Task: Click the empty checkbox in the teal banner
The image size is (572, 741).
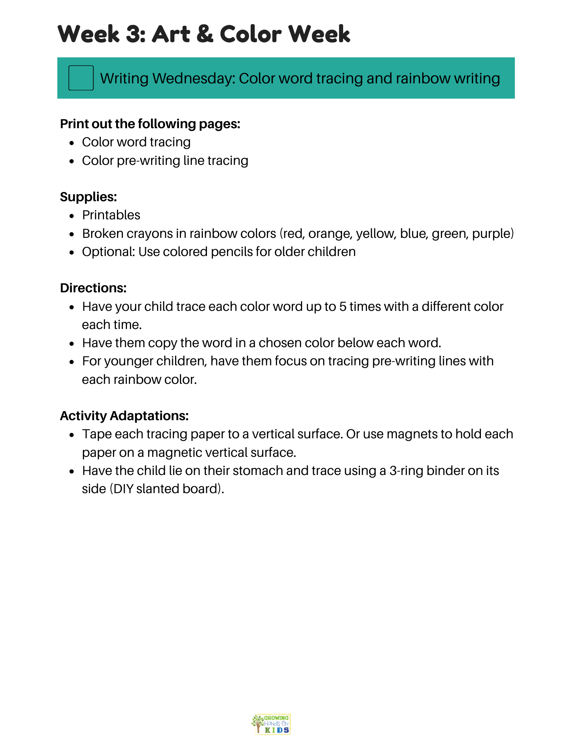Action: pyautogui.click(x=81, y=78)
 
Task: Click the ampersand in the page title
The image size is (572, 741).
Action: pyautogui.click(x=205, y=34)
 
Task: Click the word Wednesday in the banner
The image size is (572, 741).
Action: pyautogui.click(x=194, y=79)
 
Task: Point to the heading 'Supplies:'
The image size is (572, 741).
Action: pyautogui.click(x=88, y=197)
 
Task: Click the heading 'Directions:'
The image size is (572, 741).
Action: pyautogui.click(x=93, y=288)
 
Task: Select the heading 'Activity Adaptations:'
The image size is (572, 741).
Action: pyautogui.click(x=124, y=416)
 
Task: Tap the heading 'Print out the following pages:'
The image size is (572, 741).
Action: pyautogui.click(x=150, y=124)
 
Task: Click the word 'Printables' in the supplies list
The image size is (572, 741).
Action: pyautogui.click(x=111, y=215)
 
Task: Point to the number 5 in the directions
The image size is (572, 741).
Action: pyautogui.click(x=342, y=306)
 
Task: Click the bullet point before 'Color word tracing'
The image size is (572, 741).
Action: pyautogui.click(x=72, y=143)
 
